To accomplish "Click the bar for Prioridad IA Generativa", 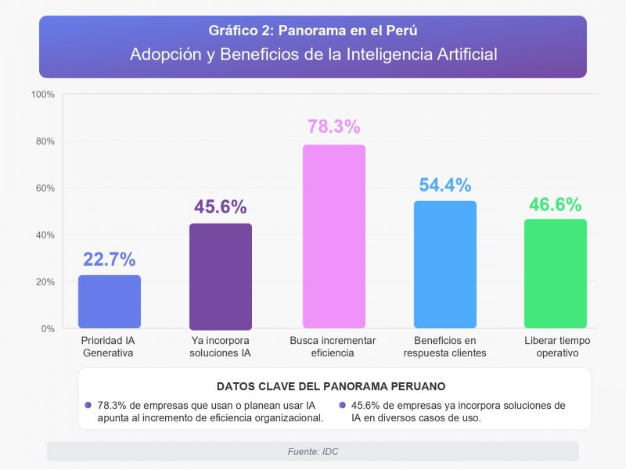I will point(110,302).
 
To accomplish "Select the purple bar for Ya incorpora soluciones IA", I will point(221,276).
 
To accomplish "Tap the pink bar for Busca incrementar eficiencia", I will point(333,236).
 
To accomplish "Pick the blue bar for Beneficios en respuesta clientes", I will point(445,264).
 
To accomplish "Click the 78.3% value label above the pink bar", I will point(333,127).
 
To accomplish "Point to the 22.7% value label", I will point(110,260).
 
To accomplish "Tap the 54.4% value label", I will point(445,185).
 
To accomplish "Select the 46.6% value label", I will point(556,205).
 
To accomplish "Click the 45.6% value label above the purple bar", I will point(221,207).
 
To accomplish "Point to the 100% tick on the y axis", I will point(42,95).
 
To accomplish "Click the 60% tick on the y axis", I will point(44,188).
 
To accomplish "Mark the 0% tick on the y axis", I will point(47,329).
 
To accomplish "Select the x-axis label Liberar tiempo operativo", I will point(557,347).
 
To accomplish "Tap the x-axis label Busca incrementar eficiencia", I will point(333,347).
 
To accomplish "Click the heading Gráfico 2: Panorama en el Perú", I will point(313,31).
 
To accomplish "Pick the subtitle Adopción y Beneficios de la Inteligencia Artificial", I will point(313,55).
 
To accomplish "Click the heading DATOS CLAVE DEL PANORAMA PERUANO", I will point(331,386).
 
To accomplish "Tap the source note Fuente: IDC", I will point(313,452).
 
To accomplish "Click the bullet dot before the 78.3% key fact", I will point(88,406).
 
